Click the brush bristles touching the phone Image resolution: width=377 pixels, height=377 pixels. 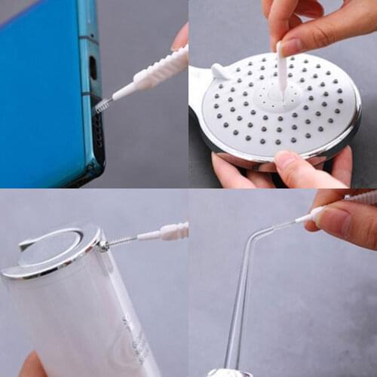[x=102, y=105]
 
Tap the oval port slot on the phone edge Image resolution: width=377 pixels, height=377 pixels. [x=93, y=68]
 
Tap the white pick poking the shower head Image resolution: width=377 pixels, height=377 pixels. [x=282, y=72]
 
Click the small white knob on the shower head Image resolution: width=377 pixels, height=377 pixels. [x=219, y=72]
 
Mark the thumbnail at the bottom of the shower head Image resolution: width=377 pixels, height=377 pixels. [x=287, y=159]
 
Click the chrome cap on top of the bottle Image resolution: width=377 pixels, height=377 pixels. [x=53, y=249]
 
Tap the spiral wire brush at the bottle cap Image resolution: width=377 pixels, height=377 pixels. [x=118, y=242]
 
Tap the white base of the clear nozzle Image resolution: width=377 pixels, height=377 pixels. [x=225, y=372]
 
